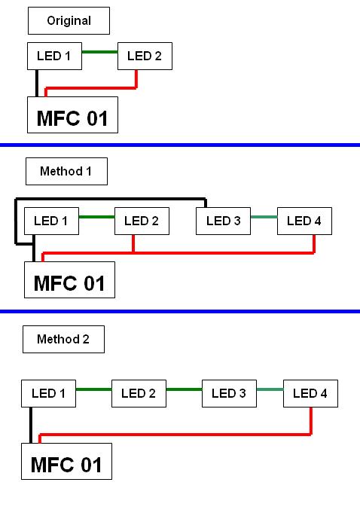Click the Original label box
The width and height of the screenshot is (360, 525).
coord(69,21)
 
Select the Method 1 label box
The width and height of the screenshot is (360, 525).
coord(66,172)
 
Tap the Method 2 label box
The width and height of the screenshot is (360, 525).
coord(63,339)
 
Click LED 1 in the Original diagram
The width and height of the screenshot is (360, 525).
coord(54,56)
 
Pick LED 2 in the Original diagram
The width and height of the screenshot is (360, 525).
coord(145,56)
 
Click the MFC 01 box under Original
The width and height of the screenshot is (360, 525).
coord(72,114)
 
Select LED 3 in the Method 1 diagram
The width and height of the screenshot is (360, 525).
coord(224,221)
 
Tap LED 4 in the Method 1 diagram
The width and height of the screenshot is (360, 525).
coord(305,221)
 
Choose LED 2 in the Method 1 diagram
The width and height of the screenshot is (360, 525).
coord(142,221)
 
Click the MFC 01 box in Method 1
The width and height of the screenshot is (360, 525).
coord(69,280)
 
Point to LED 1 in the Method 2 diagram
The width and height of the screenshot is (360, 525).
coord(48,393)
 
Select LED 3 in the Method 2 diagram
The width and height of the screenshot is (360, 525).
coord(230,393)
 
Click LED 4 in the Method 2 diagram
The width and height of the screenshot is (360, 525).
coord(311,393)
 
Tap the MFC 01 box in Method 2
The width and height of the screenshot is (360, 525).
coord(66,462)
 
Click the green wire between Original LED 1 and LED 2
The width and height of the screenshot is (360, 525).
coord(100,52)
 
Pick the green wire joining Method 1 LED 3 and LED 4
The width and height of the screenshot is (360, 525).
coord(264,217)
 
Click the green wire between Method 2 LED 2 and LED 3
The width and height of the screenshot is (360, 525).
coord(185,389)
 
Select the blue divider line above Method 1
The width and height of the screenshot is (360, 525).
coord(180,145)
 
